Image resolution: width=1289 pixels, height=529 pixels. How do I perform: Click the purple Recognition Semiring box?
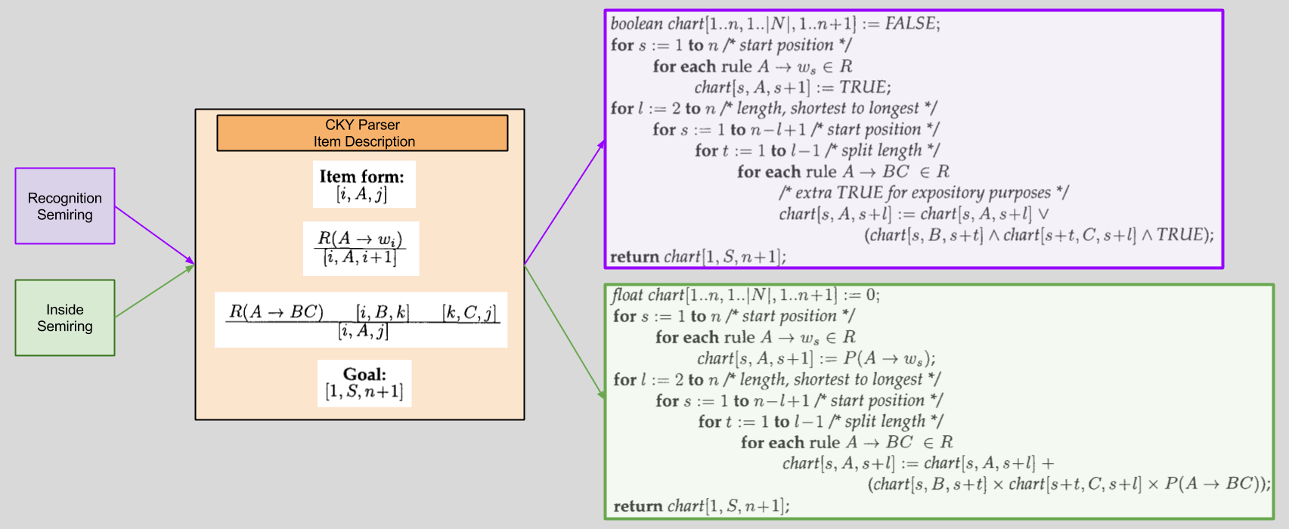tap(65, 206)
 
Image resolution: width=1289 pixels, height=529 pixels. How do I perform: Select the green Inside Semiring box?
tap(65, 318)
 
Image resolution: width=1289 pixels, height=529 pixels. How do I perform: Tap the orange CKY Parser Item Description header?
tap(362, 133)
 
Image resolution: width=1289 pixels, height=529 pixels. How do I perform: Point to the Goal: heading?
tap(364, 374)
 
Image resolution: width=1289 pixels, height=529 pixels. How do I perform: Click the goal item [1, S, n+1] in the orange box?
tap(364, 391)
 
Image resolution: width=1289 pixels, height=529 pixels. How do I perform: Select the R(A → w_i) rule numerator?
tap(360, 239)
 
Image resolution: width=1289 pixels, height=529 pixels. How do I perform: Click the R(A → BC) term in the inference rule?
tap(276, 311)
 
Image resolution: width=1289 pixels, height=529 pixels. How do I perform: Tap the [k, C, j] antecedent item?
tap(469, 312)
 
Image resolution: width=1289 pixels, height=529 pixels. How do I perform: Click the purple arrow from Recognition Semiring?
tap(154, 235)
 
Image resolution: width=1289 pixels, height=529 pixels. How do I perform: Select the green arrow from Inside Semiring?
tap(154, 291)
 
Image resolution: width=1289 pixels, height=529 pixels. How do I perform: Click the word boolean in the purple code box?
tap(637, 24)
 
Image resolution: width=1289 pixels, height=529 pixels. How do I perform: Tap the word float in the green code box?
tap(627, 295)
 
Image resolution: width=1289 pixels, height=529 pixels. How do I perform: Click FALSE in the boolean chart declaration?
tap(909, 24)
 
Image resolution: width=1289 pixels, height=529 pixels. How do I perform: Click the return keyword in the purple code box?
tap(634, 257)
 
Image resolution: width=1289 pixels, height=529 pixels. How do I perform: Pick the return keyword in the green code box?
tap(637, 506)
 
